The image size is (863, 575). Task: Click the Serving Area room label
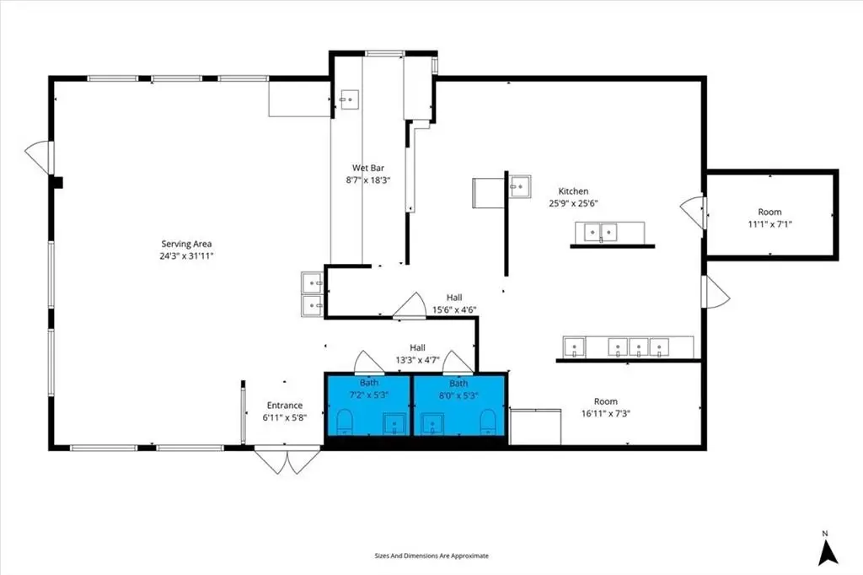(186, 244)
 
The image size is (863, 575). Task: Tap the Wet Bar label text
(368, 168)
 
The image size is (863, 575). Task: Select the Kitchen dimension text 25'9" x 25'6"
(573, 203)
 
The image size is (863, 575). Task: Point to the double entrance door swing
(287, 461)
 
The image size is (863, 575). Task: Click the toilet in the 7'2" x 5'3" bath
(345, 422)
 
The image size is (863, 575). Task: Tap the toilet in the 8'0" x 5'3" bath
(488, 422)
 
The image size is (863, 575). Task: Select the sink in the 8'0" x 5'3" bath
(432, 424)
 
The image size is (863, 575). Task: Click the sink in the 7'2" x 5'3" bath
(394, 424)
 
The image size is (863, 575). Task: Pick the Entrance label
(285, 406)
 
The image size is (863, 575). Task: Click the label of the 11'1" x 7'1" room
(769, 212)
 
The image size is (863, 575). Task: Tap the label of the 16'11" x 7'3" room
(605, 401)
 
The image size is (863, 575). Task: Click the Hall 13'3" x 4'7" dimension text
(417, 360)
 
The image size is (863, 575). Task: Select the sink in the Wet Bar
(350, 99)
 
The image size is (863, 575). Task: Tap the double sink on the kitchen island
(600, 233)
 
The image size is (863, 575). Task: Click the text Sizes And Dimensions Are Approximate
(431, 556)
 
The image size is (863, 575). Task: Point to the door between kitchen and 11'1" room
(693, 212)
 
